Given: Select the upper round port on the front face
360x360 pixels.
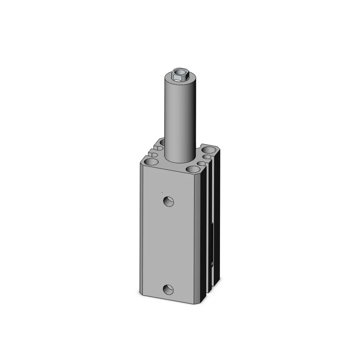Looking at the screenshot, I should pyautogui.click(x=168, y=202).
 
